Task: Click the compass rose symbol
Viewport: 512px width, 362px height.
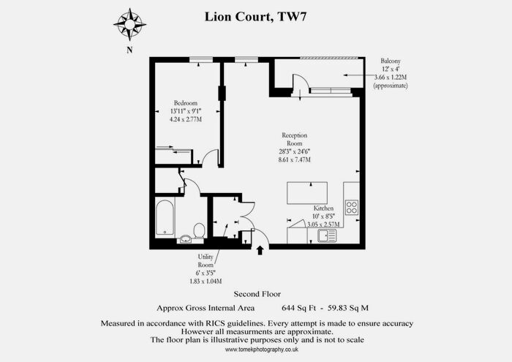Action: (129, 24)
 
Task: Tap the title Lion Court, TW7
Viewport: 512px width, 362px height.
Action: (256, 17)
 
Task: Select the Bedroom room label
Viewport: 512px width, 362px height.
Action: (186, 103)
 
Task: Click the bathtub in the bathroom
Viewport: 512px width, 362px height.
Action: (165, 218)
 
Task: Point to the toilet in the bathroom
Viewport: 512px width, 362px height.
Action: (199, 230)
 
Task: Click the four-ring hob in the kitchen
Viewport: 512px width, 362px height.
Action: (352, 207)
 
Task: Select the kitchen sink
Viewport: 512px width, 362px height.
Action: (327, 235)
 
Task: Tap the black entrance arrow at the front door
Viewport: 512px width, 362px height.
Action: (260, 250)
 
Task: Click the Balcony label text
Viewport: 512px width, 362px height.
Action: (391, 61)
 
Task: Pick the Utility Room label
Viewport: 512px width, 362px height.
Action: (206, 261)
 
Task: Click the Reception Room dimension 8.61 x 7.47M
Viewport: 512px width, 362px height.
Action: (295, 159)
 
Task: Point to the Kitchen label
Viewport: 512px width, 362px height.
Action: (323, 208)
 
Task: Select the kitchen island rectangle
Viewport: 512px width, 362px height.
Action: (307, 193)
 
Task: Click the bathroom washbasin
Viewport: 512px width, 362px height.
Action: (186, 238)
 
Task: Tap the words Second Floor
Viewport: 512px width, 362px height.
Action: (257, 294)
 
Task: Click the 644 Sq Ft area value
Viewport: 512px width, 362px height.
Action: (299, 308)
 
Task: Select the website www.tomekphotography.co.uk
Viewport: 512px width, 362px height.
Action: (262, 350)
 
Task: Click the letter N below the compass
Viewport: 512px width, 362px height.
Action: (129, 50)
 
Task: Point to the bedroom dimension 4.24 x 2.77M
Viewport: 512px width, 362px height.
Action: (186, 119)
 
